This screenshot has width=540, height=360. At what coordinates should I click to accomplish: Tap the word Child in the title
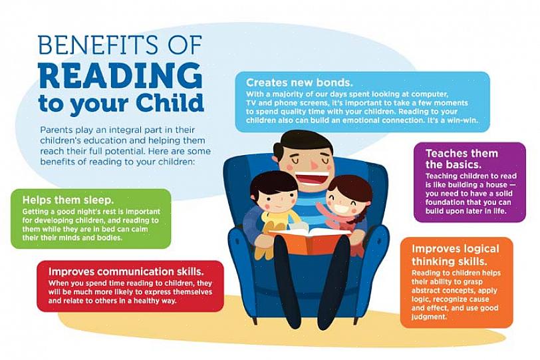click(x=169, y=102)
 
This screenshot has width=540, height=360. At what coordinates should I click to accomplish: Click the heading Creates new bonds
click(x=299, y=83)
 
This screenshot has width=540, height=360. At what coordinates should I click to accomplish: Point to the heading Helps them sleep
click(x=68, y=200)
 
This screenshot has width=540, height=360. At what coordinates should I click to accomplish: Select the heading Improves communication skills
click(x=126, y=271)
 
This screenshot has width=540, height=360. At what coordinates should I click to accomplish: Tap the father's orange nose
click(x=314, y=165)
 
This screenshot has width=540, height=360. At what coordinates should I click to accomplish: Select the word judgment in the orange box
click(x=429, y=317)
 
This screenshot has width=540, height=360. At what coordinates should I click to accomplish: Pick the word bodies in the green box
click(x=111, y=238)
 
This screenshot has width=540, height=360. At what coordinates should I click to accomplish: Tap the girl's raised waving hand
click(x=321, y=209)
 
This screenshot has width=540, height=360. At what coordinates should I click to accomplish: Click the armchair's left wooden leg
click(x=255, y=319)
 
